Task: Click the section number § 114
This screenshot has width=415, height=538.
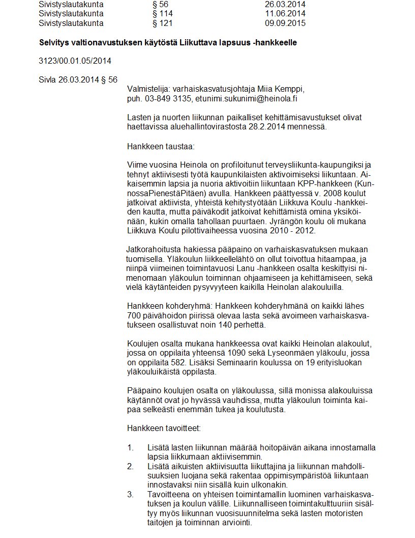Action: coord(163,14)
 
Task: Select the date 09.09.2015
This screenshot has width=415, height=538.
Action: coord(285,23)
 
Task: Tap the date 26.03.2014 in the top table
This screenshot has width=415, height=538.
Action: coord(285,5)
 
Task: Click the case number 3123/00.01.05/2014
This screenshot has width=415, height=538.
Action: coord(75,61)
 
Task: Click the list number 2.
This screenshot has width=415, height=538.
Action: coord(130,466)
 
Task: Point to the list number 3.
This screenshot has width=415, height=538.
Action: coord(130,494)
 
